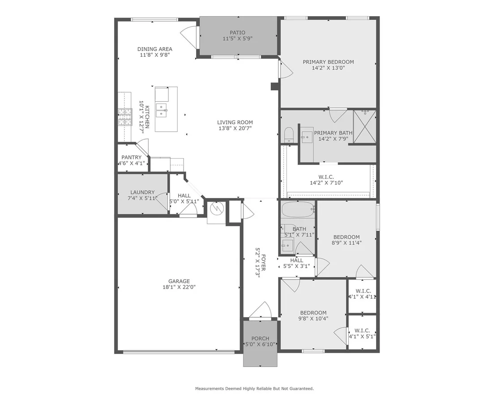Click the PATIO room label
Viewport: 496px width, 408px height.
(x=237, y=33)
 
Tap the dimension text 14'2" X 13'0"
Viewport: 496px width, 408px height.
(x=328, y=68)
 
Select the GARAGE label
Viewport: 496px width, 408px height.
(x=179, y=281)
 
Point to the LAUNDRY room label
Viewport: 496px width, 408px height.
(x=142, y=192)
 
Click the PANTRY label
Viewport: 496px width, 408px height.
(x=132, y=157)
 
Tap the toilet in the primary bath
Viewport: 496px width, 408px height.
(x=288, y=135)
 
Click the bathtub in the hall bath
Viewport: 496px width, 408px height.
(x=297, y=209)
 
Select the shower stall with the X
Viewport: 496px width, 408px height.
(x=364, y=126)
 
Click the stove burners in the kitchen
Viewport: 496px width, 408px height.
(x=125, y=117)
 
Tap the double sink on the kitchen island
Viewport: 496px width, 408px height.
(x=161, y=110)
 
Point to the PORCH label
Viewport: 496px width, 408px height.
(x=261, y=339)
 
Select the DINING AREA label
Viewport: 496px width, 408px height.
(x=155, y=49)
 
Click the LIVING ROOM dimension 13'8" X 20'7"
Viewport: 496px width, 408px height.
(x=235, y=128)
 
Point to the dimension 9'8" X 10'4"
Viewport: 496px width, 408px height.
(x=313, y=318)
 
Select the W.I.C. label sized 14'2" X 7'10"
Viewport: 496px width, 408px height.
(x=326, y=177)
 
